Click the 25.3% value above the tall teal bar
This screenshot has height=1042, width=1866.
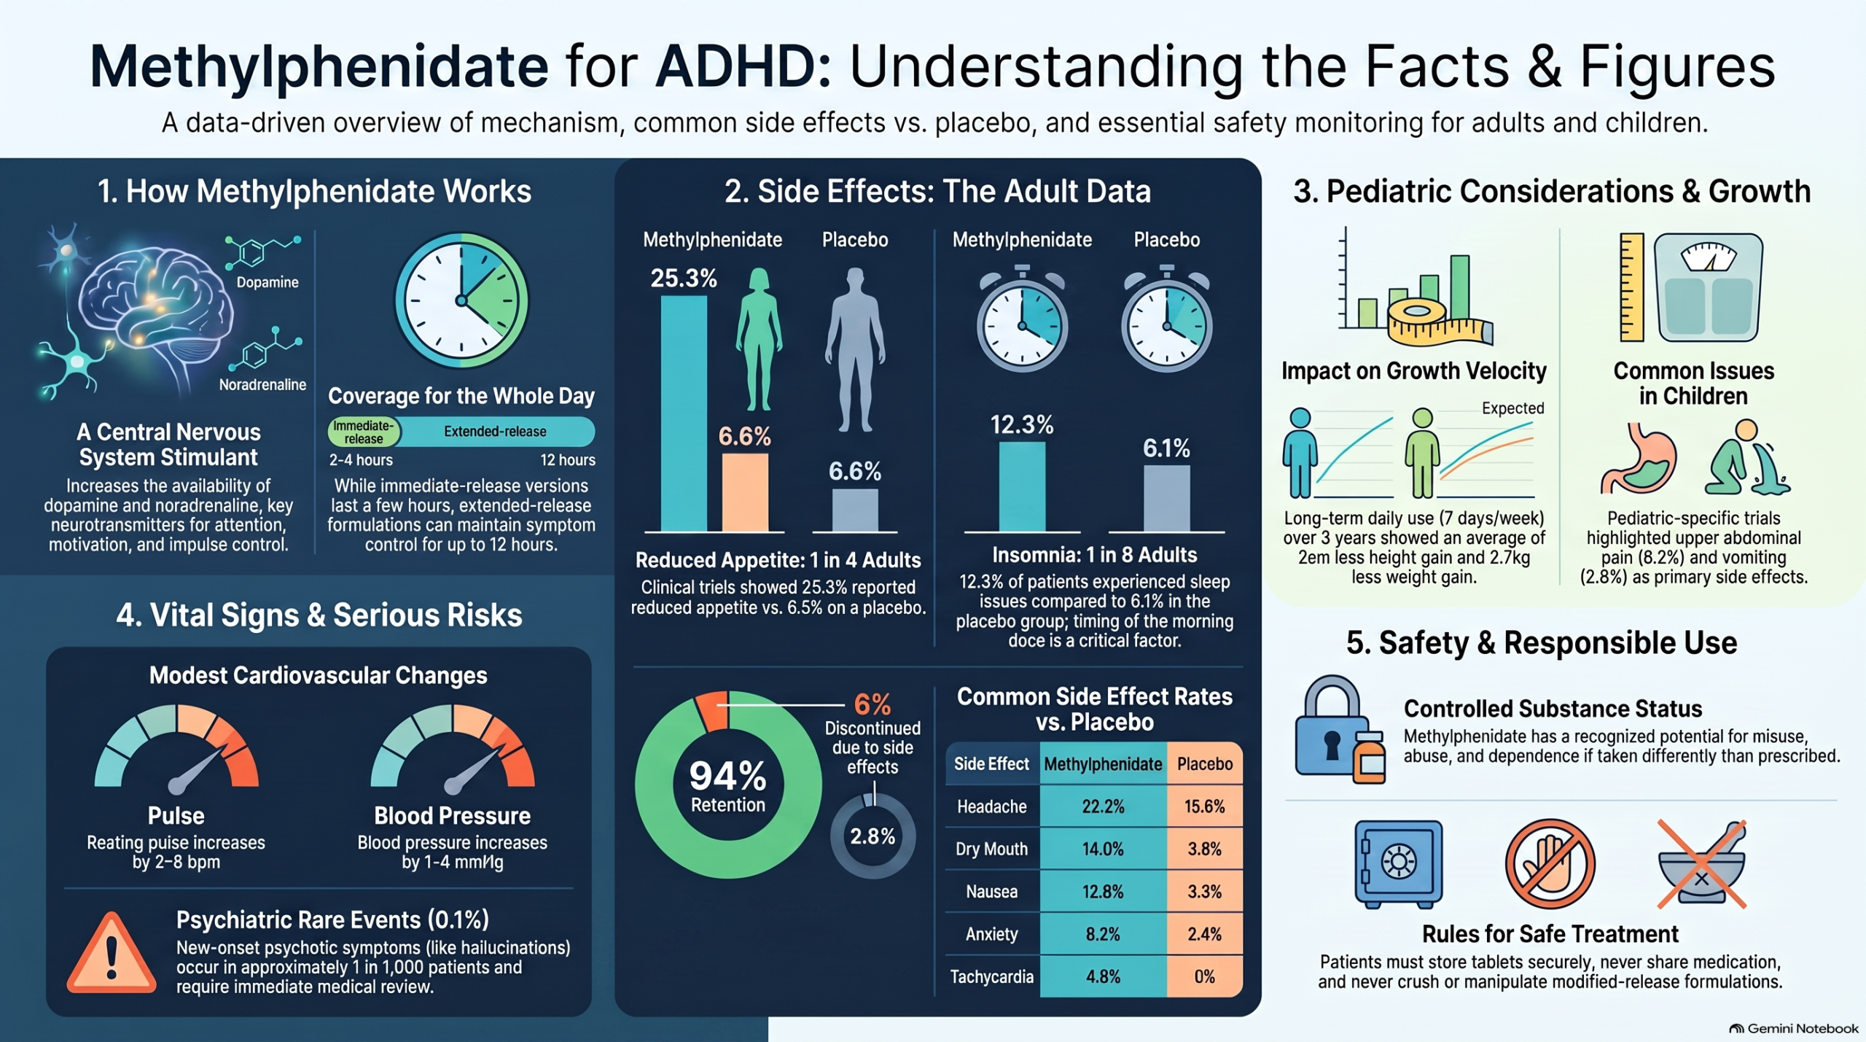pos(684,278)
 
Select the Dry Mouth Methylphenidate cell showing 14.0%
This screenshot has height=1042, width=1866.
pos(1103,849)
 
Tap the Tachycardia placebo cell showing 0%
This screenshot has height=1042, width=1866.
pos(1204,976)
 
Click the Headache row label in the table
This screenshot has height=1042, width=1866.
pos(991,806)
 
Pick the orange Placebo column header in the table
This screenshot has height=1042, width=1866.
pos(1204,763)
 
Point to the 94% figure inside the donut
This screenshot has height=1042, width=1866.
pos(727,775)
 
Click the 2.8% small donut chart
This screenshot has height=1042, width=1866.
pos(873,836)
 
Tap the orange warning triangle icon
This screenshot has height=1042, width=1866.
pos(112,953)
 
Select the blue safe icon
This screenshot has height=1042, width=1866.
pos(1398,863)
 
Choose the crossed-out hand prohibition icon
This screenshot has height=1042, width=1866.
pos(1550,863)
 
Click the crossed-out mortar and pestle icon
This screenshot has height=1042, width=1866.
pos(1702,864)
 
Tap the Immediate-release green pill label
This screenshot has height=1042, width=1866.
pos(364,432)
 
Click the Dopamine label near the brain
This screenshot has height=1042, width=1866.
pos(268,282)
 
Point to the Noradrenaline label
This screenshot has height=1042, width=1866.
pos(262,384)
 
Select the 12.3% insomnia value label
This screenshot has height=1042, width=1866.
pos(1021,424)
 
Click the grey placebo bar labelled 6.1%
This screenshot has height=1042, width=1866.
pos(1166,498)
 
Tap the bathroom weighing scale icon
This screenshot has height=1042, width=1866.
pos(1708,287)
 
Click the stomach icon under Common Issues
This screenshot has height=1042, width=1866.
pos(1638,458)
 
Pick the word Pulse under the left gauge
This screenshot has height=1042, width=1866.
pos(176,815)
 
